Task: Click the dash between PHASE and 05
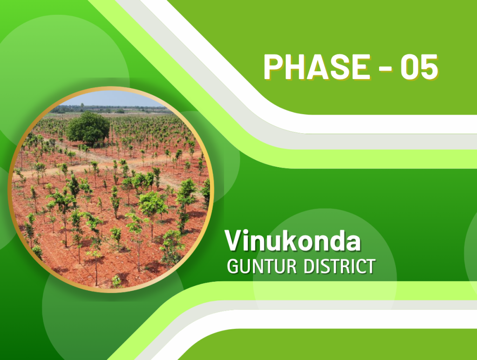(x=385, y=69)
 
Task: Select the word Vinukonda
(x=293, y=241)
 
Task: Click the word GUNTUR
(x=262, y=267)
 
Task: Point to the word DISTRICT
(x=340, y=267)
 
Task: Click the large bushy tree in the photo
(x=88, y=128)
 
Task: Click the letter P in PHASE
(x=273, y=67)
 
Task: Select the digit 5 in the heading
(x=429, y=67)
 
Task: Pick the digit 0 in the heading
(x=409, y=67)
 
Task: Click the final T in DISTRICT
(x=370, y=267)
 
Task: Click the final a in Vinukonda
(x=353, y=243)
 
